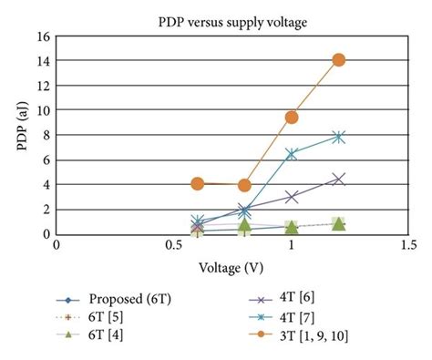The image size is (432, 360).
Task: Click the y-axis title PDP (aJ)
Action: [x=17, y=135]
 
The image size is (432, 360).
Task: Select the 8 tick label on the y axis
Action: [x=43, y=135]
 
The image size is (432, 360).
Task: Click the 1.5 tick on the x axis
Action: [x=408, y=245]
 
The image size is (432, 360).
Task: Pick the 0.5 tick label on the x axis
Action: [x=174, y=245]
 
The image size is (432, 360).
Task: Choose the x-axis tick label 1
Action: [x=292, y=245]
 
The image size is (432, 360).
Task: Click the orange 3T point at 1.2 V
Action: [x=339, y=60]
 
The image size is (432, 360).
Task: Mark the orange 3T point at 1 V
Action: [x=292, y=118]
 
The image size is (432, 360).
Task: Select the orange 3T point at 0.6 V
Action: [x=198, y=183]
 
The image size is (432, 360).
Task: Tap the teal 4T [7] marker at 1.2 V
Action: [x=339, y=137]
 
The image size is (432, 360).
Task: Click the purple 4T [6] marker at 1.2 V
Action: [x=339, y=179]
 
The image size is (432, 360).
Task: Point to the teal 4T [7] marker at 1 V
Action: [x=292, y=154]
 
